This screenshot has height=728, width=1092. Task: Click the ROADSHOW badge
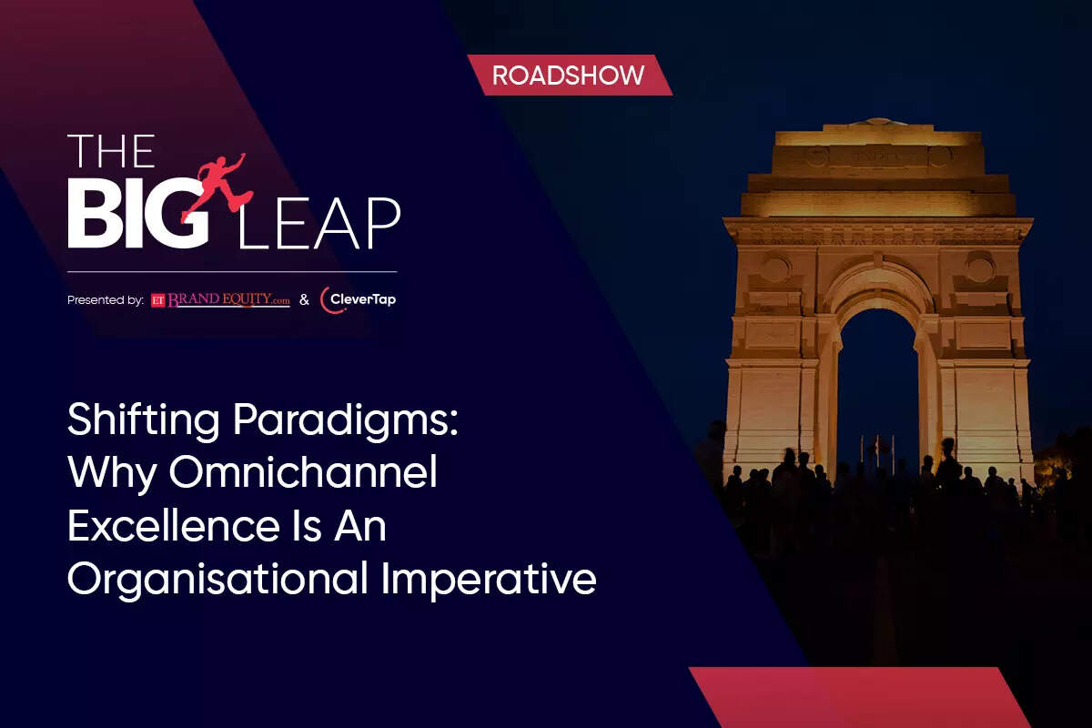[570, 76]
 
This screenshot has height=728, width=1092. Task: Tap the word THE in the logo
[111, 151]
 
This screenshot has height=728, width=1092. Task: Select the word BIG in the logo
[138, 213]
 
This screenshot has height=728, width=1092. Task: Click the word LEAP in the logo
[318, 223]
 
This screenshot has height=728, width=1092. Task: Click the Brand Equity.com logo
[220, 300]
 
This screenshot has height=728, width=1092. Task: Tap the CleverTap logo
[358, 299]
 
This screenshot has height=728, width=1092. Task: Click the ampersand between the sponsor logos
[304, 300]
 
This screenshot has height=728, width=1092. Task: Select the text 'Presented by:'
[106, 300]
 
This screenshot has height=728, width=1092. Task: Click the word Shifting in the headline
[144, 420]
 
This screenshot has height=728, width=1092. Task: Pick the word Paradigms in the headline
[346, 420]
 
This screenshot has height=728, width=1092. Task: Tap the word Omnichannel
[303, 471]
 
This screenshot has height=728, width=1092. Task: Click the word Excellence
[173, 526]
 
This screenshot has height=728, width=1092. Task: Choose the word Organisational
[217, 580]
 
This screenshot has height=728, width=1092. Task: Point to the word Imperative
[489, 581]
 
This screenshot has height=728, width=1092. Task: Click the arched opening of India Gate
[878, 390]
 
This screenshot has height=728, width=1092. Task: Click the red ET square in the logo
[158, 301]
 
